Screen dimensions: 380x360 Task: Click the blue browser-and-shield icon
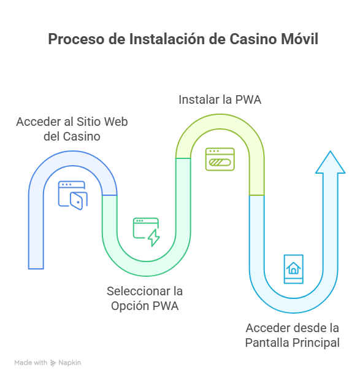coord(72,195)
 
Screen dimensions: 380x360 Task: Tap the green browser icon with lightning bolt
coord(147,232)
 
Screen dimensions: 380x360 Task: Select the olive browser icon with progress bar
coord(220,158)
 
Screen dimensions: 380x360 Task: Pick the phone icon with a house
coord(293,268)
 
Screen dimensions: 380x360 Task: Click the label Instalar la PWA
coord(220,99)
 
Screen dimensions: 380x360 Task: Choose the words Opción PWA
coord(145,306)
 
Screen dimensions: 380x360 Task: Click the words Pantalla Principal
coord(292,343)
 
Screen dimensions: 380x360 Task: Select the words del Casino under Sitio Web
coord(72,136)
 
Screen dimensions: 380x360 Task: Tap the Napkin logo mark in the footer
coord(53,363)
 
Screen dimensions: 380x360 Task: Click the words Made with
coord(31,363)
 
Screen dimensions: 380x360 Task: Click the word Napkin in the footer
coord(70,363)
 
